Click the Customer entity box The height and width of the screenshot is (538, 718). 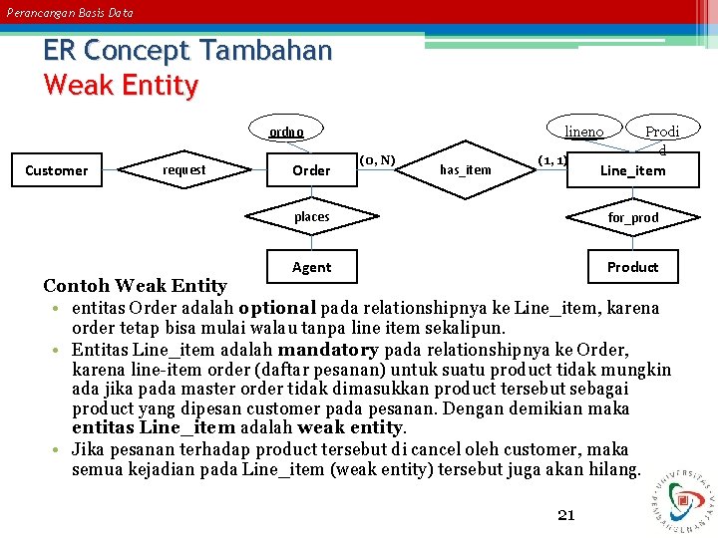pyautogui.click(x=56, y=170)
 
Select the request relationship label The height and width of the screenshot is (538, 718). pyautogui.click(x=183, y=170)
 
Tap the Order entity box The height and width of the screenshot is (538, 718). pyautogui.click(x=311, y=170)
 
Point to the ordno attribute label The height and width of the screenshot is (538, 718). pyautogui.click(x=286, y=132)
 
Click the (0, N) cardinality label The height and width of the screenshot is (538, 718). pyautogui.click(x=377, y=159)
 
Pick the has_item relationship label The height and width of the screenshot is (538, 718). pyautogui.click(x=466, y=170)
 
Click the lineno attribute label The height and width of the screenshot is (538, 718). pyautogui.click(x=584, y=132)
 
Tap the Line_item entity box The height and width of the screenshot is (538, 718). pyautogui.click(x=632, y=170)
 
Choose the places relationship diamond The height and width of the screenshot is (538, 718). pyautogui.click(x=311, y=216)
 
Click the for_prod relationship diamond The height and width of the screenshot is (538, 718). pyautogui.click(x=633, y=217)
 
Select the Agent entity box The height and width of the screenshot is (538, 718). pyautogui.click(x=311, y=266)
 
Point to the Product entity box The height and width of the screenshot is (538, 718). pyautogui.click(x=633, y=266)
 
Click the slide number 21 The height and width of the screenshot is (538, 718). pyautogui.click(x=566, y=515)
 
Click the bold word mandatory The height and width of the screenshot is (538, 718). pyautogui.click(x=328, y=350)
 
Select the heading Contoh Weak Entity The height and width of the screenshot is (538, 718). pyautogui.click(x=135, y=286)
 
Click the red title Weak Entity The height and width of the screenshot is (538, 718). pyautogui.click(x=121, y=86)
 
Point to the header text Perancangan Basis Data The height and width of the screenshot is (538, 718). pyautogui.click(x=69, y=13)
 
